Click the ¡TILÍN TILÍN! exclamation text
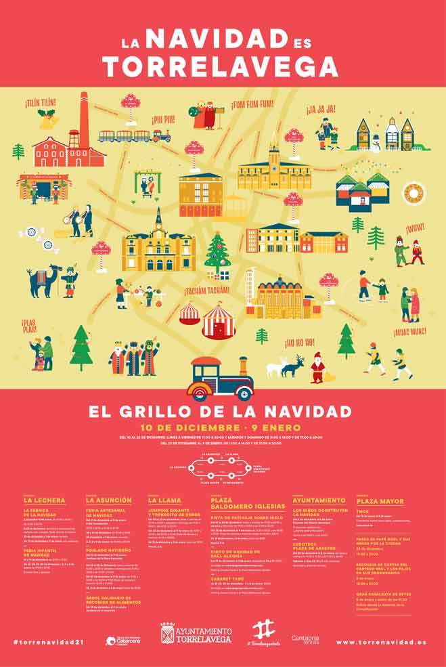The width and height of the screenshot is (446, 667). tap(41, 103)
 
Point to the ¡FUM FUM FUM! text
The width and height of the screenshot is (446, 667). tap(252, 104)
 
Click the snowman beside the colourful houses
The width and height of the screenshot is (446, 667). tap(376, 143)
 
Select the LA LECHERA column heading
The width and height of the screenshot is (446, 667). tap(44, 500)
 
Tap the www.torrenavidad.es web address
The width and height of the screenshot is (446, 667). tap(380, 641)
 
